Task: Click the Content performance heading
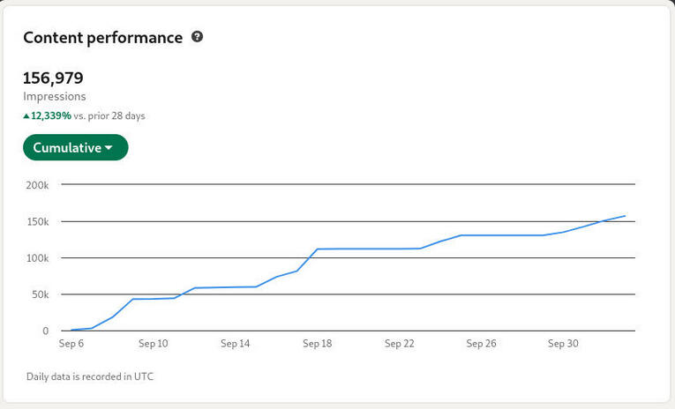pyautogui.click(x=102, y=37)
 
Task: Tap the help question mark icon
pyautogui.click(x=198, y=37)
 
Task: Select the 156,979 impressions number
pyautogui.click(x=53, y=78)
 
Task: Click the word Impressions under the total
pyautogui.click(x=55, y=97)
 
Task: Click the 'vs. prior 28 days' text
pyautogui.click(x=109, y=115)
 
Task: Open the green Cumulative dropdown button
pyautogui.click(x=75, y=147)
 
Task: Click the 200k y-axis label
pyautogui.click(x=37, y=185)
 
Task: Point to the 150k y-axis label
pyautogui.click(x=37, y=221)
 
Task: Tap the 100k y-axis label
pyautogui.click(x=37, y=258)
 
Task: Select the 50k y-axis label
pyautogui.click(x=40, y=294)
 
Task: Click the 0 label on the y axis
pyautogui.click(x=45, y=331)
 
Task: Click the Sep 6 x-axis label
pyautogui.click(x=71, y=344)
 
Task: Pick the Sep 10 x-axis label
pyautogui.click(x=153, y=344)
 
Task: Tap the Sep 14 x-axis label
pyautogui.click(x=235, y=344)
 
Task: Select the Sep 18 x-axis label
pyautogui.click(x=317, y=344)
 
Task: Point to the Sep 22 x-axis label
pyautogui.click(x=399, y=344)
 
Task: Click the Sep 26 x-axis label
pyautogui.click(x=481, y=344)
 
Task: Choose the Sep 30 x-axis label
pyautogui.click(x=563, y=344)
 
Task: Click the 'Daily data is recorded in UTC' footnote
pyautogui.click(x=90, y=376)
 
